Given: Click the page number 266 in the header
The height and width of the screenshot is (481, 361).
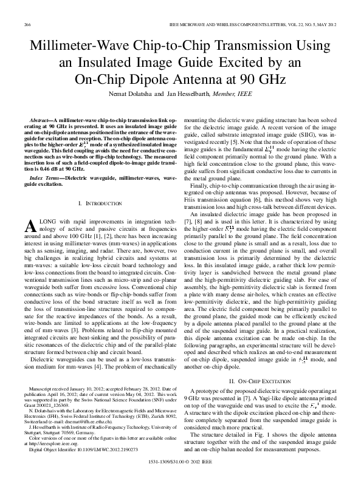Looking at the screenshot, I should point(27,23).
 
